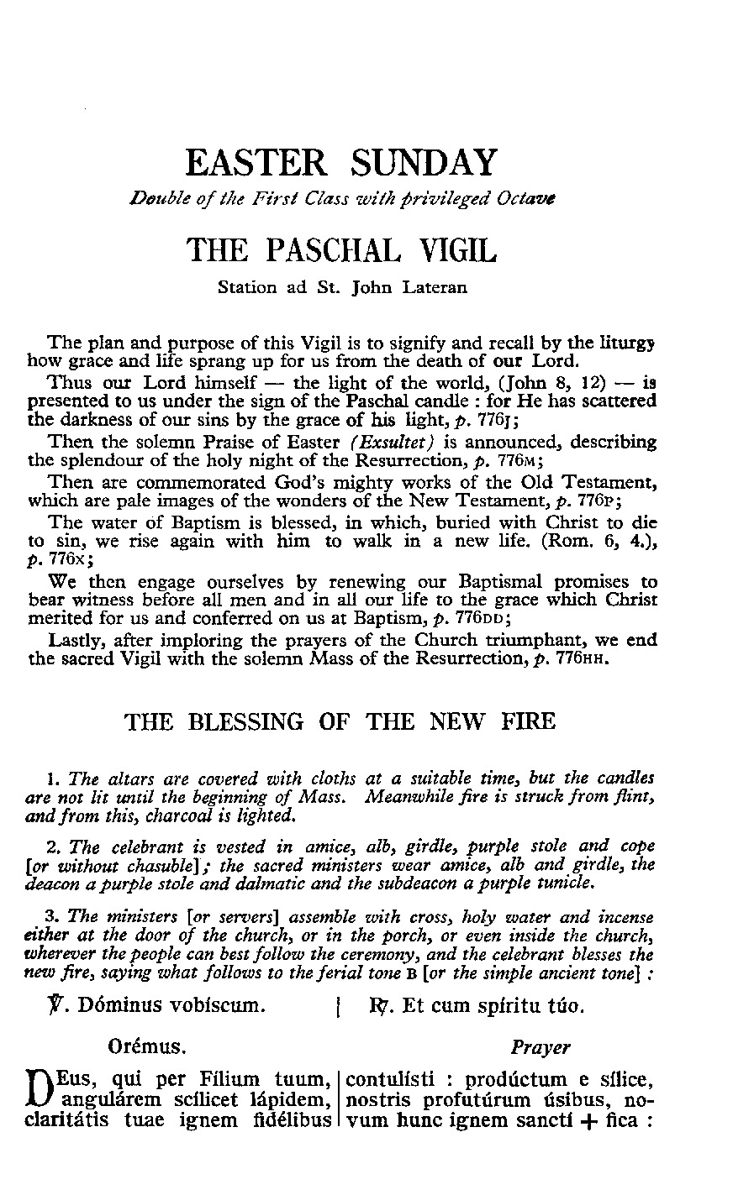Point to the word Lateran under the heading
point(432,288)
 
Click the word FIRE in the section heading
point(526,721)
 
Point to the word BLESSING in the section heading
point(241,721)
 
